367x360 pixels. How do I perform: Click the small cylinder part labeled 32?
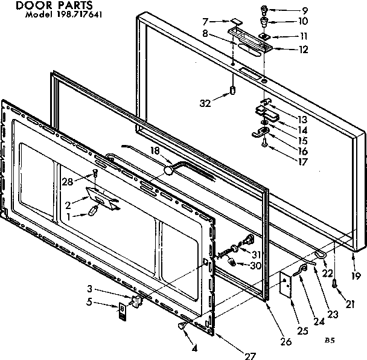(x=232, y=90)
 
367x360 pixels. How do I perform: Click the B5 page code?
(x=330, y=341)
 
